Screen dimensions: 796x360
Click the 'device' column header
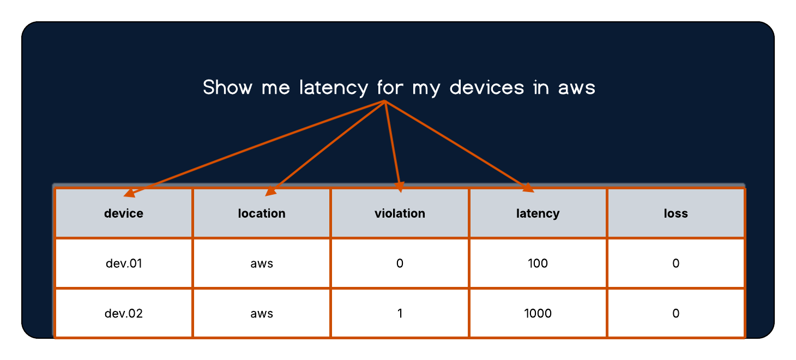tap(124, 213)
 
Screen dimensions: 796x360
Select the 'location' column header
tap(262, 213)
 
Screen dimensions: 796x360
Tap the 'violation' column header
tap(400, 213)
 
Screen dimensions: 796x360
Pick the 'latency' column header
tap(538, 214)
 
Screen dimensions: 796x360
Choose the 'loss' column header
tap(676, 213)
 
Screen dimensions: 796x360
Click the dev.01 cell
tap(124, 263)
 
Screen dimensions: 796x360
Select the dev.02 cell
tap(124, 314)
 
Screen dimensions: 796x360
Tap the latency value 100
tap(538, 263)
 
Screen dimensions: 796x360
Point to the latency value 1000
tap(538, 314)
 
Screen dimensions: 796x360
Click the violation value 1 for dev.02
tap(400, 314)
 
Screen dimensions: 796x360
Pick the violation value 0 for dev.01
tap(400, 263)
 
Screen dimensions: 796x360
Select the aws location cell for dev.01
tap(262, 264)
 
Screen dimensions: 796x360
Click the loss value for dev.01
tap(676, 263)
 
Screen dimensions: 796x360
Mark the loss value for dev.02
tap(676, 314)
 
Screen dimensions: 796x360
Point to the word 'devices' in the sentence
tap(487, 87)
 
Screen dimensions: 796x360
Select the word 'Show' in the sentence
tap(228, 87)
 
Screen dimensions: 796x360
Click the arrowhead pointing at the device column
tap(129, 193)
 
